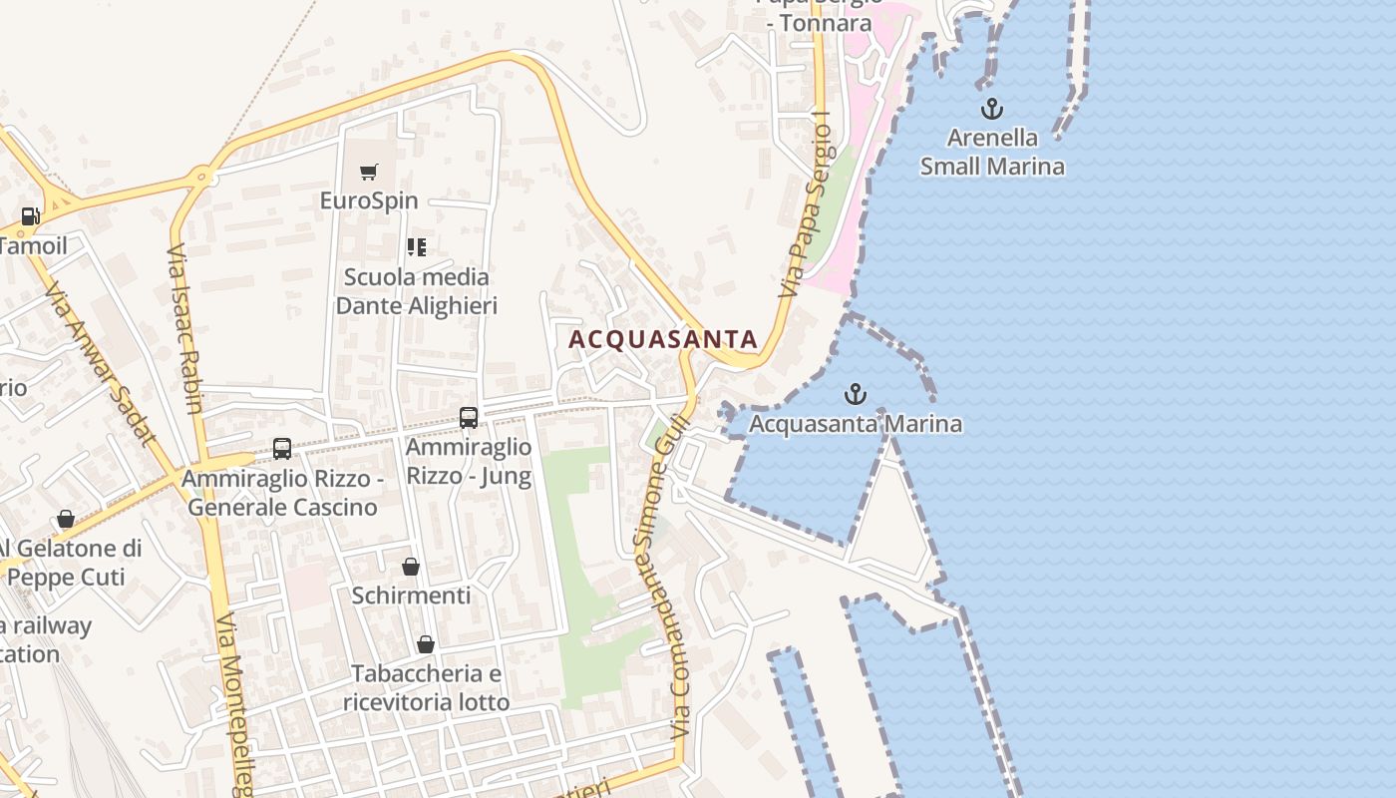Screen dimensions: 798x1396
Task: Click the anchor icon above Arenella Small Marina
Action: [x=991, y=109]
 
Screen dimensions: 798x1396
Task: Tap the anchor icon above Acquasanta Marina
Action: [x=855, y=394]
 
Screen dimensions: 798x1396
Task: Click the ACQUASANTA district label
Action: [x=663, y=339]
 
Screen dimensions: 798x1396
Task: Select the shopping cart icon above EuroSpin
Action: [x=369, y=173]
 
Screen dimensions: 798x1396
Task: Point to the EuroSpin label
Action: [x=369, y=200]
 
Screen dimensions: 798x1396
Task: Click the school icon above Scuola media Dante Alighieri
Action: [x=416, y=246]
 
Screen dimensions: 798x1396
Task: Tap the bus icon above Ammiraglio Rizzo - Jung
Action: [x=468, y=418]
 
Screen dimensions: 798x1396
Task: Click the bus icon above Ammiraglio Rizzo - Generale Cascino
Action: [x=282, y=449]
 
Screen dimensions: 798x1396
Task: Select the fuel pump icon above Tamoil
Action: [x=31, y=215]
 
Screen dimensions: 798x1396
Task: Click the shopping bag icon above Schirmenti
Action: [x=410, y=568]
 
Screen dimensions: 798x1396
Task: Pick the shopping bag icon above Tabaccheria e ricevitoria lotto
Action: [x=426, y=644]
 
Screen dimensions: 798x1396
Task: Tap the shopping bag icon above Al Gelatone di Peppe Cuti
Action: [x=66, y=519]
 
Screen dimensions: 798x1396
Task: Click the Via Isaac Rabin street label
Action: [x=185, y=328]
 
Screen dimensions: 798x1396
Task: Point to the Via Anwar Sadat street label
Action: [x=100, y=363]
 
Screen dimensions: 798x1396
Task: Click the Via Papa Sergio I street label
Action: [x=807, y=205]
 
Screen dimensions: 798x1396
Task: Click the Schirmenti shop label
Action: [x=411, y=596]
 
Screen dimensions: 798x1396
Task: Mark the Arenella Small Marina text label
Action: [x=992, y=152]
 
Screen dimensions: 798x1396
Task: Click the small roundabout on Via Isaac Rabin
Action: [x=204, y=177]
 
